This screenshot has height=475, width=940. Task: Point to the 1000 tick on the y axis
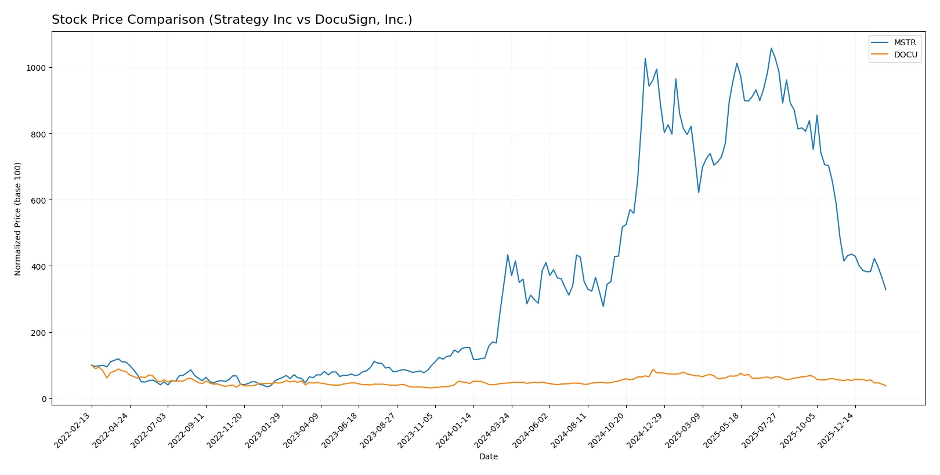[35, 68]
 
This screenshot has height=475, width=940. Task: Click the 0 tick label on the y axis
[44, 399]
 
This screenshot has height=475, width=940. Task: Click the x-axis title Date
[488, 456]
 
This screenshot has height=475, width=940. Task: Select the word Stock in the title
[68, 20]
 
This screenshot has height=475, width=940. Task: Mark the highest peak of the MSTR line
[771, 48]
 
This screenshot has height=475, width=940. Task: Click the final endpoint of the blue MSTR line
[885, 289]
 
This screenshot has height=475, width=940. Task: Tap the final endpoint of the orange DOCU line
[885, 386]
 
